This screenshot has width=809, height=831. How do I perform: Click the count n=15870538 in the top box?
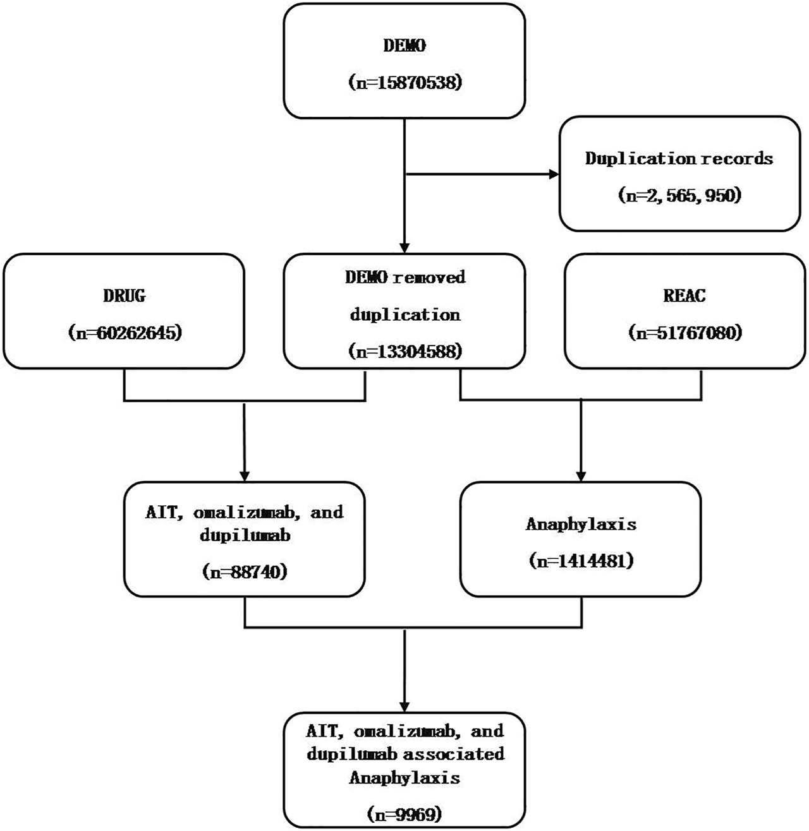pos(404,83)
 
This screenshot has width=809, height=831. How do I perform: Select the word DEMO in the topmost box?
pos(404,45)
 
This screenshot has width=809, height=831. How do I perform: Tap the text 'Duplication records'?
pos(679,158)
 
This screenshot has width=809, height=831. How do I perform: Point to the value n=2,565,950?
pos(679,195)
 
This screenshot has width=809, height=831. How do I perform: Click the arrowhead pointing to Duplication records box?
pos(554,174)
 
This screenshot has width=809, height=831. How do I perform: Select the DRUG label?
pos(124,296)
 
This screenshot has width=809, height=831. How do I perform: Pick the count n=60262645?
pos(124,333)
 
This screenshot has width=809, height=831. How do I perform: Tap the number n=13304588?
pos(404,351)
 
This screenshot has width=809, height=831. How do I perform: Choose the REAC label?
pos(685,296)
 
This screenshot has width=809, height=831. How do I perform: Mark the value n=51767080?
pos(685,333)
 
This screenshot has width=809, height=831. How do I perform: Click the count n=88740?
pos(245,571)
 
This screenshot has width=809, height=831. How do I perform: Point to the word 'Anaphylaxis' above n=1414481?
pos(581,524)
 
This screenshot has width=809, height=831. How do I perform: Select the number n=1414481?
pos(581,561)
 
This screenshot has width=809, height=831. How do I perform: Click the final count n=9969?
pos(404,814)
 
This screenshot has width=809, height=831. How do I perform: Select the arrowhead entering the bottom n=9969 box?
pos(404,706)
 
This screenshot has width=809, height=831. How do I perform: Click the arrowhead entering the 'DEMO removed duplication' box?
pos(404,248)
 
